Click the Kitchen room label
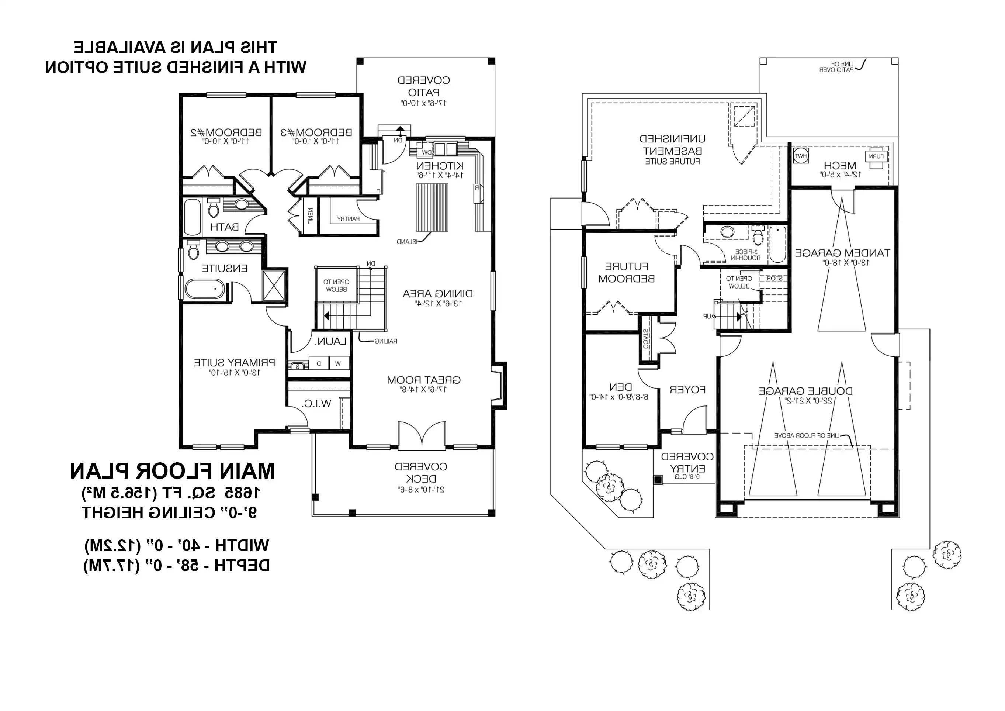(440, 166)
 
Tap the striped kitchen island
(432, 207)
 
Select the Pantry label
(348, 218)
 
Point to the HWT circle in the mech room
(801, 156)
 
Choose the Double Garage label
(805, 391)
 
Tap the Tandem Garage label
(842, 253)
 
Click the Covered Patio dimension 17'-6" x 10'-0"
(424, 103)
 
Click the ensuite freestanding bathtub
(205, 289)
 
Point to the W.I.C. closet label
(316, 404)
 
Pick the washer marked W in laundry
(338, 363)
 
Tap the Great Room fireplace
(498, 386)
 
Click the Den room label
(620, 387)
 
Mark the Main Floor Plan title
(173, 471)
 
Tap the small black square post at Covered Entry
(658, 480)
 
